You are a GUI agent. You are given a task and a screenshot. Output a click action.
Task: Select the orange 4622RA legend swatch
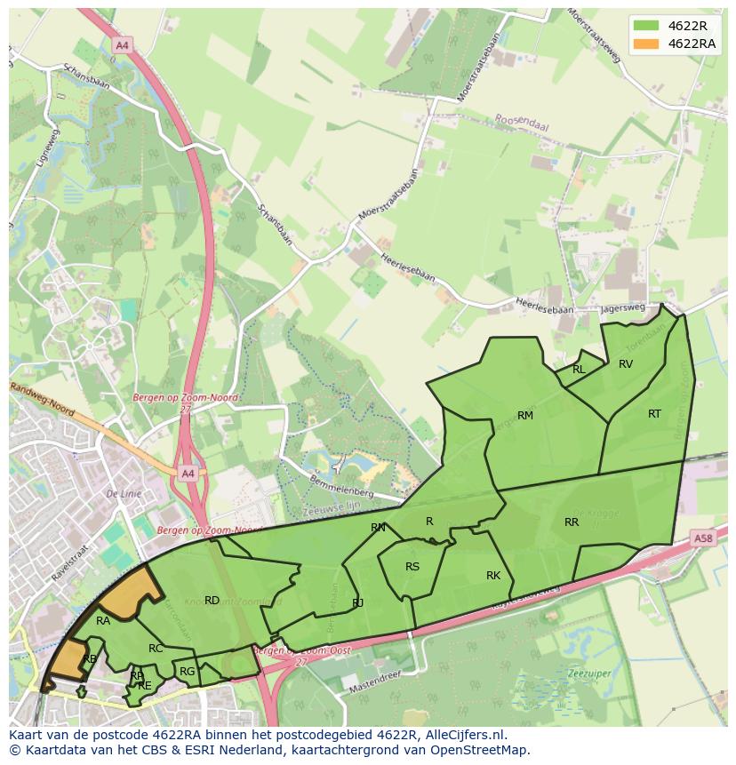coord(646,44)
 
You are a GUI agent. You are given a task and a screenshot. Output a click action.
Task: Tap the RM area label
coord(525,415)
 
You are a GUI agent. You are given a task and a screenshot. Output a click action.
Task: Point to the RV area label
coord(626,363)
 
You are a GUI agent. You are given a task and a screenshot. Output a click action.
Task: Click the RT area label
coord(654,413)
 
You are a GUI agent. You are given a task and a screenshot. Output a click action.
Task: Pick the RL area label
coord(579,370)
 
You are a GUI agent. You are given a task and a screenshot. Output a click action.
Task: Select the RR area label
coord(572,522)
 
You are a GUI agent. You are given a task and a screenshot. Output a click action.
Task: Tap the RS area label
coord(412,566)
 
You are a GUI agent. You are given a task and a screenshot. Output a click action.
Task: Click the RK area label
coord(493,576)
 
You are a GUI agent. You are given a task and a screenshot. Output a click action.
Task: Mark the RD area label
coord(212,601)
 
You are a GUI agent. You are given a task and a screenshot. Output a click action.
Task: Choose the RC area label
coord(156,649)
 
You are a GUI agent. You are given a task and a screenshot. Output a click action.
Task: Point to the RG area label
coord(187,672)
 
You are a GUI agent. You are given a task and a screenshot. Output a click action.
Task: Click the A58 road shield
coord(703,538)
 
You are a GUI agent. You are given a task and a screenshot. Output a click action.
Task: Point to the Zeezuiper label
coord(588,673)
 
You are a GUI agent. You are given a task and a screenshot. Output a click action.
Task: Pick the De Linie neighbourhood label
coord(124,493)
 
